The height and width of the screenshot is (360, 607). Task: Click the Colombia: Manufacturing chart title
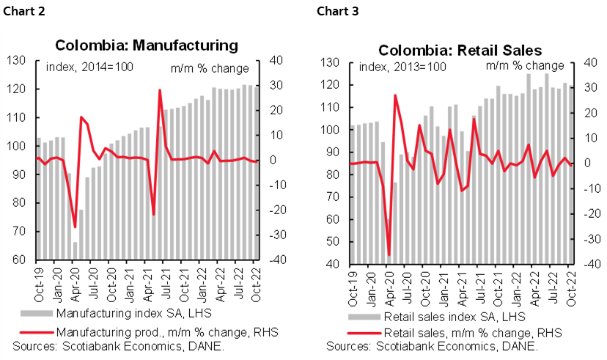tap(158, 45)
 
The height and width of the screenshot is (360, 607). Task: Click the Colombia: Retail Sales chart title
tap(460, 51)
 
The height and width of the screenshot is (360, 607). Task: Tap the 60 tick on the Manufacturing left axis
tap(18, 260)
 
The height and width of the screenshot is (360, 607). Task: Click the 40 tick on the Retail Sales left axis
tap(331, 264)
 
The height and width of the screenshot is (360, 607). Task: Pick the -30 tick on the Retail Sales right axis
tap(589, 238)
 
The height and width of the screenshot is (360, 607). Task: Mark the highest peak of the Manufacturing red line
tap(159, 90)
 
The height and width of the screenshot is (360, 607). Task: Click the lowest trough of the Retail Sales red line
tap(389, 255)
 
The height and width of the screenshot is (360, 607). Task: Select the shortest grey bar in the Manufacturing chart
tap(75, 251)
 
